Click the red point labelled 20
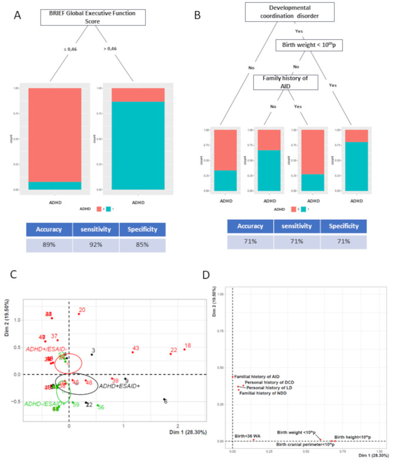82,310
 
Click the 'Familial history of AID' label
257,376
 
